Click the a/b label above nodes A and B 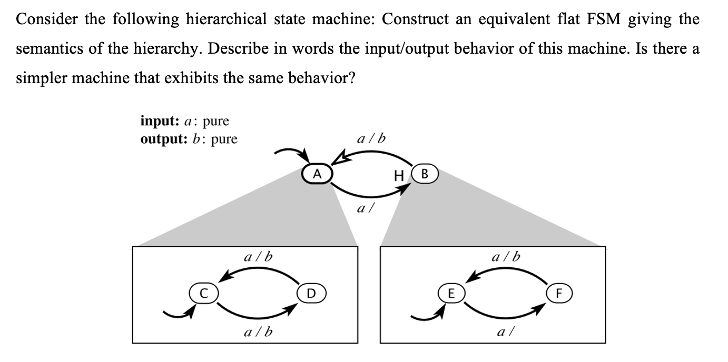tap(371, 139)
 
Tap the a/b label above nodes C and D tap(259, 257)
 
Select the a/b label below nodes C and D tap(259, 332)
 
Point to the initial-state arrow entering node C tap(176, 314)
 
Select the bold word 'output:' tap(160, 139)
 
